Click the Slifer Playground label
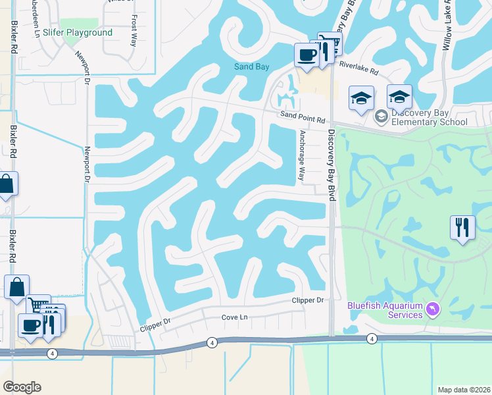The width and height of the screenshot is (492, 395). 77,32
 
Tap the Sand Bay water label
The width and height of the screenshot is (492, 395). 252,66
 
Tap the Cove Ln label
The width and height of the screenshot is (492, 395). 234,317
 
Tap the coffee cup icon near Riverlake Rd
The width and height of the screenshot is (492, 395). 306,55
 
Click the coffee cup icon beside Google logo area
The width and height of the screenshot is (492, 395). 30,325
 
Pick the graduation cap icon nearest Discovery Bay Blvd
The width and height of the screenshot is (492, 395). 361,98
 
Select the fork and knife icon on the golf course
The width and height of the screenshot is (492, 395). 462,228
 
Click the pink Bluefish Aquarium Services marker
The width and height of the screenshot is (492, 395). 432,308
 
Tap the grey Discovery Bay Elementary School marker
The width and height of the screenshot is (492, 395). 380,117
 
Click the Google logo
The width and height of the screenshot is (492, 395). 22,387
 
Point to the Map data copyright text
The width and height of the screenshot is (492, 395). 464,389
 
